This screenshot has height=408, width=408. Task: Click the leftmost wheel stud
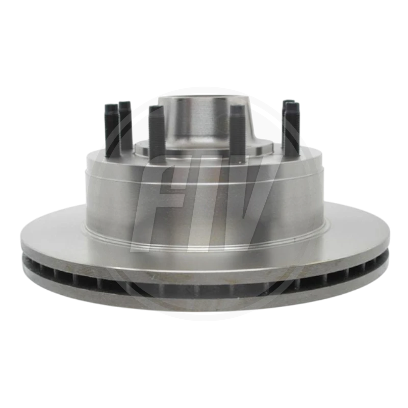[x=111, y=130]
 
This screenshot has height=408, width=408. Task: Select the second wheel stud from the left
[x=124, y=125]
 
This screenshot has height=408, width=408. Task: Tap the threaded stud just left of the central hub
[x=157, y=135]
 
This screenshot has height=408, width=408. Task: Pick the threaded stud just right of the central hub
[x=238, y=135]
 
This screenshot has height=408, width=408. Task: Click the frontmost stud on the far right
[x=291, y=130]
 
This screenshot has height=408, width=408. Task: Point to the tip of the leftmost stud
[x=111, y=105]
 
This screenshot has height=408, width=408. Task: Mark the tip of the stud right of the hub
[x=238, y=106]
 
